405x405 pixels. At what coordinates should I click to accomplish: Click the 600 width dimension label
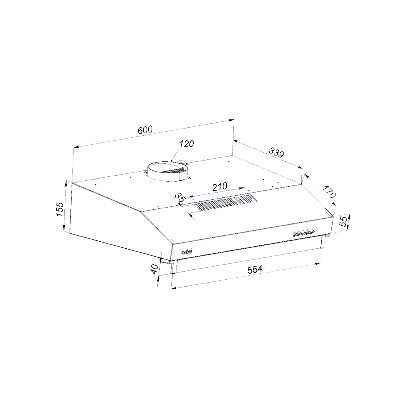[145, 130]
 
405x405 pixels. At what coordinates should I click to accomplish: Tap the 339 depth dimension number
[276, 152]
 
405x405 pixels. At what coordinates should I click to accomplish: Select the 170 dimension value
[329, 191]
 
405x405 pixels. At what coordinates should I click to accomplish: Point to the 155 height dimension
[59, 209]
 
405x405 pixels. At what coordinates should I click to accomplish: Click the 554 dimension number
[255, 269]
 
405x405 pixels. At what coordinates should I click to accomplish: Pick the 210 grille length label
[220, 187]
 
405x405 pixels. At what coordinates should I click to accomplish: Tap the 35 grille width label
[180, 198]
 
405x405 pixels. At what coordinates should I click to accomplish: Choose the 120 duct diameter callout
[187, 144]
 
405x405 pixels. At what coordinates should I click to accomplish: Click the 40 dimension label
[154, 269]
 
